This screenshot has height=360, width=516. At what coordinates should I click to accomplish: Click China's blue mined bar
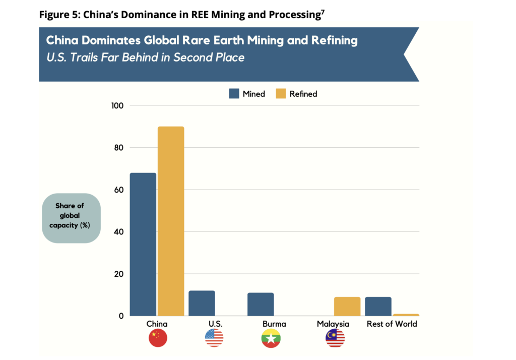[143, 245]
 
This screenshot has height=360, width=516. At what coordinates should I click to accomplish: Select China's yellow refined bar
[171, 221]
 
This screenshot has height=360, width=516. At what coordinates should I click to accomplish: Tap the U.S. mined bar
[202, 304]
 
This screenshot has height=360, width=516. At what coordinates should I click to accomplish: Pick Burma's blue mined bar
[261, 305]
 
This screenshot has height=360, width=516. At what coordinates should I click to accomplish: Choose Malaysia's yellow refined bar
[347, 307]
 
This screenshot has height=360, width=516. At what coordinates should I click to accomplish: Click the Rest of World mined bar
[378, 307]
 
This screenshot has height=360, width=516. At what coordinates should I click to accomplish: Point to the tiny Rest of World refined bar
[406, 315]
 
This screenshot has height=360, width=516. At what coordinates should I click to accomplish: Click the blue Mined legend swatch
[234, 94]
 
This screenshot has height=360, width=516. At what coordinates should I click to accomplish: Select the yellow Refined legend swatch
[281, 94]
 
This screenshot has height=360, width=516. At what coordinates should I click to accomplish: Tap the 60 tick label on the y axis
[119, 190]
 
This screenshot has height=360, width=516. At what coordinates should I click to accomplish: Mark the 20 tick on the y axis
[119, 274]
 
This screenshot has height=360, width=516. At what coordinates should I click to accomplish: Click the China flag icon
[157, 338]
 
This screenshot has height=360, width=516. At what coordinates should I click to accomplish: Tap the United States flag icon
[214, 338]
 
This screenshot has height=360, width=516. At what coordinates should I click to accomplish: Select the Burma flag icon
[271, 338]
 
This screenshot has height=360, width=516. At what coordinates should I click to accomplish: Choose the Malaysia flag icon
[335, 338]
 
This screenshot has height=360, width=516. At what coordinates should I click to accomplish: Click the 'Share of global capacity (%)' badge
[72, 218]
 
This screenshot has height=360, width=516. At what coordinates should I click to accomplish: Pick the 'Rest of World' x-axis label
[392, 324]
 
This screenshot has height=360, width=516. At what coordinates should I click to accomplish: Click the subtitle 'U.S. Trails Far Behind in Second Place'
[145, 57]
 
